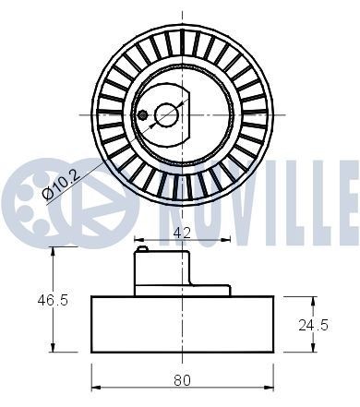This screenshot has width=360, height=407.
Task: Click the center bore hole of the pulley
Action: [x=167, y=114]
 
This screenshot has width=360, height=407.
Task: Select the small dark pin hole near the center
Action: [x=143, y=115]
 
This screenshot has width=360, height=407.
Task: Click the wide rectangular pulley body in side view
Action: [x=183, y=324]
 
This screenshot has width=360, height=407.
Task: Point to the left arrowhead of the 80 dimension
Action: [x=95, y=389]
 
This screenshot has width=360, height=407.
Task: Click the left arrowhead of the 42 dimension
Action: [x=138, y=242]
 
